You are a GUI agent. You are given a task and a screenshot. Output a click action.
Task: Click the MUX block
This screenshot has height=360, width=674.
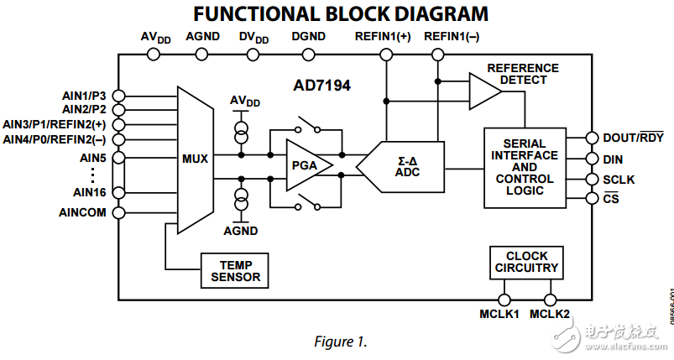pos(195,158)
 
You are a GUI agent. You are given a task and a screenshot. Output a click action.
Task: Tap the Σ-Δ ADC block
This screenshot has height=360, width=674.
pos(404,165)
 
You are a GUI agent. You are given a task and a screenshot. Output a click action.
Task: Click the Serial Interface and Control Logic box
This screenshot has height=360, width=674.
pos(525,167)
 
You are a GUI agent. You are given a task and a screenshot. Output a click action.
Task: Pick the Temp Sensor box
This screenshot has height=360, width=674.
pos(236,270)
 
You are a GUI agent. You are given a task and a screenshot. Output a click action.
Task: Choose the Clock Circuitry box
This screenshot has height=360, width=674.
pos(526,262)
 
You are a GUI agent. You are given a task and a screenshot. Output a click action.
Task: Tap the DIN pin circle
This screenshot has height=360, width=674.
pos(593,159)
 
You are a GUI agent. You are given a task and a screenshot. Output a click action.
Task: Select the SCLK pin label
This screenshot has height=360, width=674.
pos(619,180)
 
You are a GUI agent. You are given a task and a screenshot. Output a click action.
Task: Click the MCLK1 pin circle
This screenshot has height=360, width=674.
pos(504,300)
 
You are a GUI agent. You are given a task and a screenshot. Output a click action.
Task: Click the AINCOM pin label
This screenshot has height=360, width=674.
pos(82,212)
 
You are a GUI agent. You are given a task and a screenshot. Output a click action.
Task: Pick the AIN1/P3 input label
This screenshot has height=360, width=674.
pos(84,95)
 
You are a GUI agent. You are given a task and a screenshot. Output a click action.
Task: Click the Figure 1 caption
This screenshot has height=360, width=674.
pos(340,342)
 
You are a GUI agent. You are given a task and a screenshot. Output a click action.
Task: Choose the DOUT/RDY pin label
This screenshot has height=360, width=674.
pos(633,138)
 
